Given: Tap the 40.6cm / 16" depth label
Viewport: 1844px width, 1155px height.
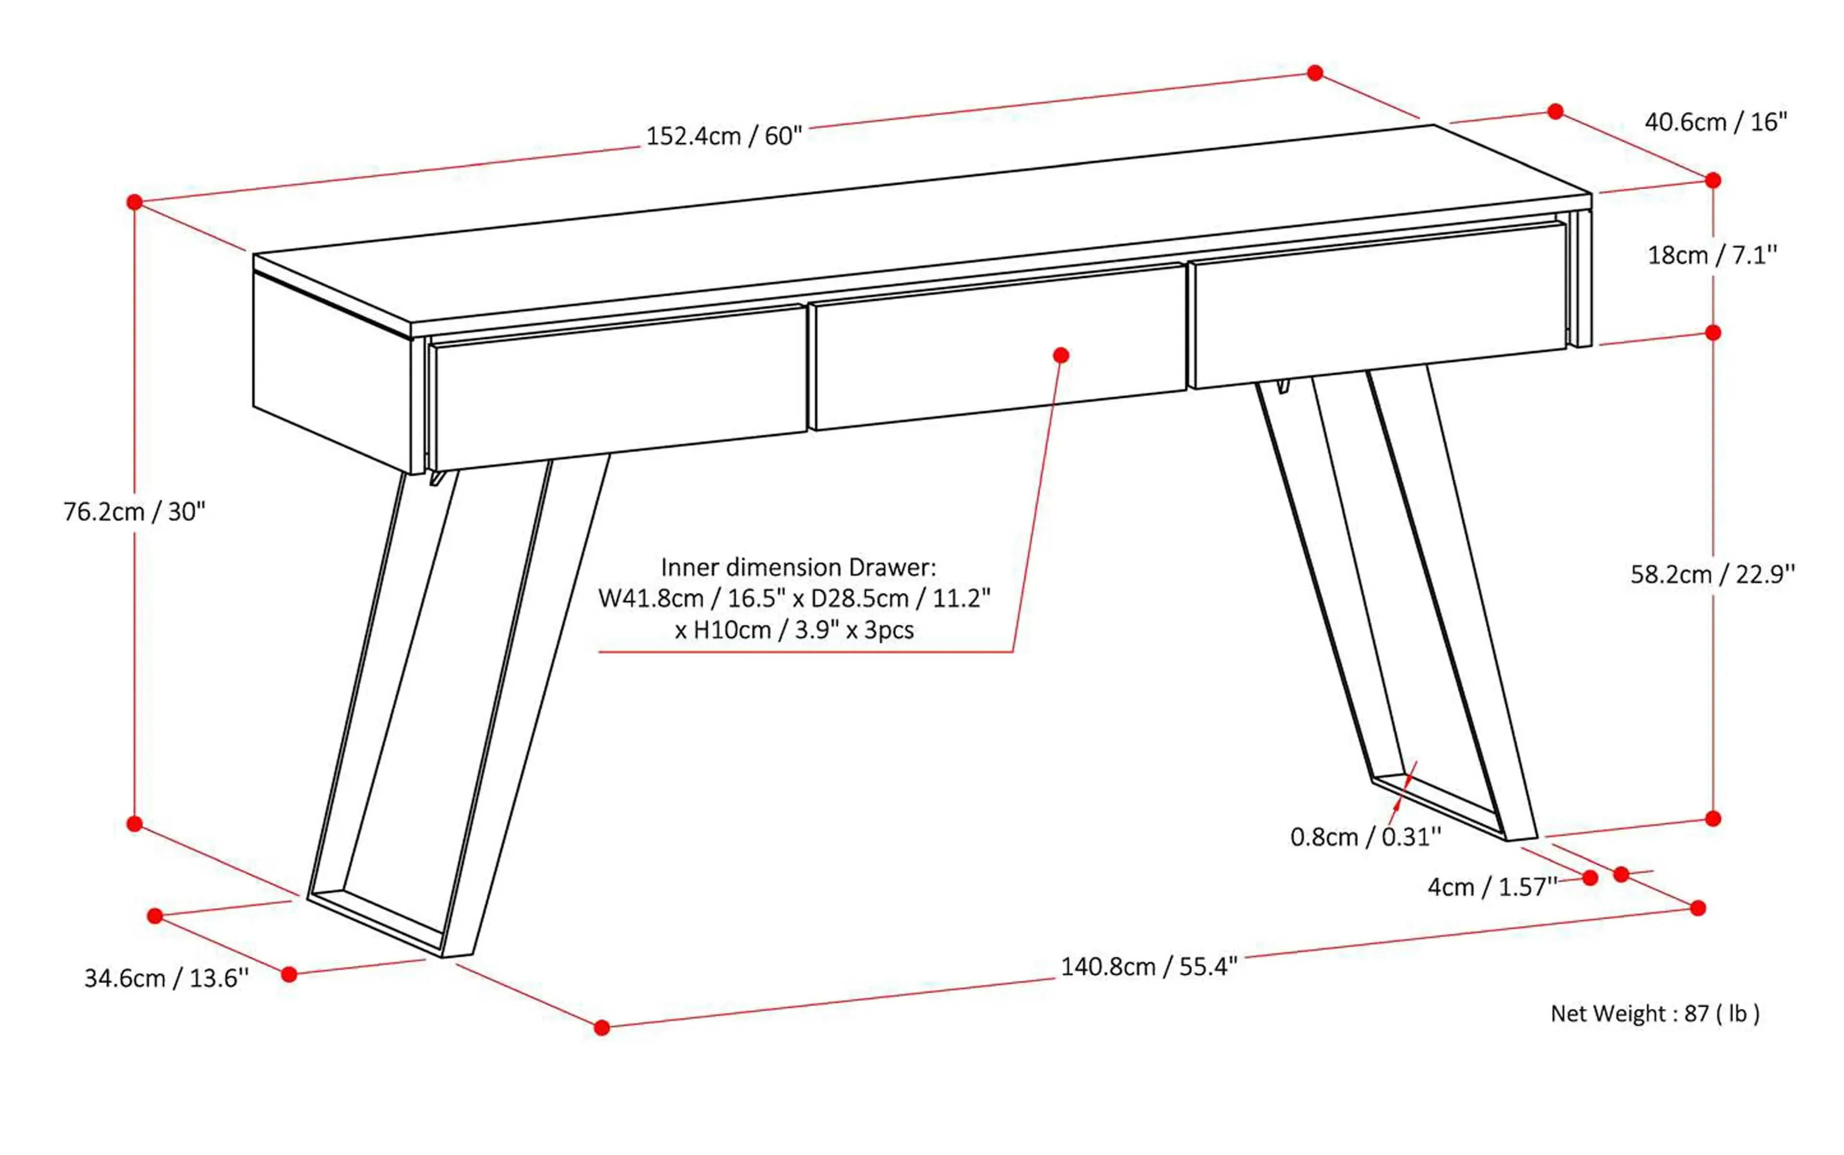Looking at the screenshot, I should tap(1715, 122).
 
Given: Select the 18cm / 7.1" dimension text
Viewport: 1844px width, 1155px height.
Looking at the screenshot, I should tap(1711, 255).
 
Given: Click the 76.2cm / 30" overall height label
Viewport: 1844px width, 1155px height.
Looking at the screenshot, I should tap(134, 512).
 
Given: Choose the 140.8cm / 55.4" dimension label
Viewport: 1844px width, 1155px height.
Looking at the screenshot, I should tap(1148, 967).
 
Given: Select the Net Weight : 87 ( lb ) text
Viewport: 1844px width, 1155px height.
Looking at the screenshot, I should tap(1655, 1014).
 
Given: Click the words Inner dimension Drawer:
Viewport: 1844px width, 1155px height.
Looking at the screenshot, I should tap(798, 568).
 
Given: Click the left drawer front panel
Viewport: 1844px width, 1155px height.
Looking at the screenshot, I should tap(619, 389).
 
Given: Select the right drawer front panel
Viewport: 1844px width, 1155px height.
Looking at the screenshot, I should tap(1379, 305).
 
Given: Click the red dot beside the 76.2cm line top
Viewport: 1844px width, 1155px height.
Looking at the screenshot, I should tap(134, 202).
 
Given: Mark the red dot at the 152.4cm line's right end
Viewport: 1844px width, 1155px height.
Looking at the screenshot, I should tap(1315, 73).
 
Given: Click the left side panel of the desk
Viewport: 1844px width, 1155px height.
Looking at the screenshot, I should tap(332, 370).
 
